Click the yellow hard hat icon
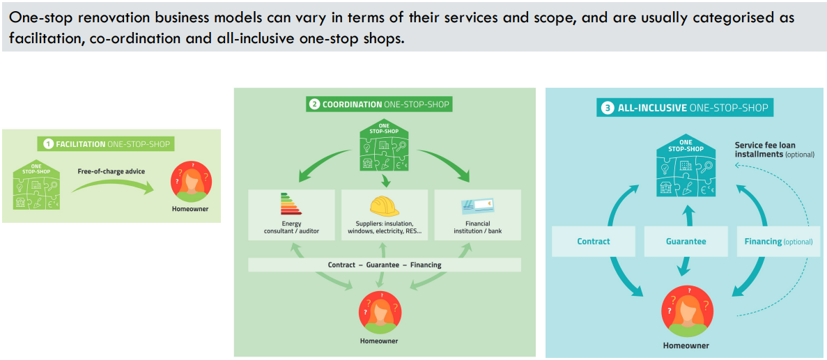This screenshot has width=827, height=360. point(384,207)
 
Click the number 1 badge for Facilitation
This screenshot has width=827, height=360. point(48,144)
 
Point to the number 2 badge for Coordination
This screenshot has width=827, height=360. point(315,104)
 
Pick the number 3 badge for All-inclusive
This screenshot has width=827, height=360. point(607,108)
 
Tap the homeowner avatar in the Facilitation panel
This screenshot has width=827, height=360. point(191,183)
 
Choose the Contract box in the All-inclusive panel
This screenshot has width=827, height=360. point(594,242)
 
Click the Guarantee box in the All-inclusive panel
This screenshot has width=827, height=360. point(686,242)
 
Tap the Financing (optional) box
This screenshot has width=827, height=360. point(778,242)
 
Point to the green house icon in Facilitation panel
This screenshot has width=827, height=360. point(36,186)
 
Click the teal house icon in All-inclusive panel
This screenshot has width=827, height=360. point(686,165)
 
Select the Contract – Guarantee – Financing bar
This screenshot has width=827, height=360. point(385,265)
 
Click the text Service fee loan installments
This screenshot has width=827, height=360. point(765,150)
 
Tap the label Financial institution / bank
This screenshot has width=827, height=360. point(477,228)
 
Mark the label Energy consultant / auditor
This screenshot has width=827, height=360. point(291,228)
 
